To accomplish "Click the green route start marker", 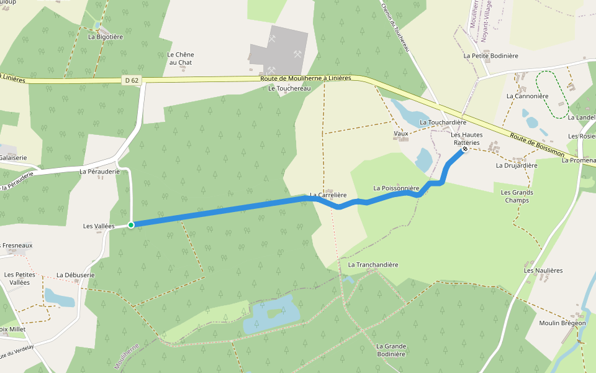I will click(131, 224).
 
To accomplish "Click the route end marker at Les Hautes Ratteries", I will click(465, 149).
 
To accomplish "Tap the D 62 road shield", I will click(130, 80).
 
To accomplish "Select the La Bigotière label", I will click(106, 37).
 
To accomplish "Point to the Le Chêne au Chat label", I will click(181, 58).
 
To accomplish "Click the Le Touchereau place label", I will click(289, 89).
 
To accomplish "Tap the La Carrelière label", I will click(328, 195).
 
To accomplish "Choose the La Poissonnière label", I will click(397, 187).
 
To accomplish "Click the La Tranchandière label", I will click(373, 265).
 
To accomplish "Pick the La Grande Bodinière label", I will click(391, 350).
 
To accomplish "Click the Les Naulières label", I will click(543, 270).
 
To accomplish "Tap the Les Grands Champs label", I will click(517, 196).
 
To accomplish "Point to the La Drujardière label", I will click(517, 166).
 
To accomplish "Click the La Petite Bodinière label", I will click(490, 55).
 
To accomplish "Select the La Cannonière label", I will click(527, 96).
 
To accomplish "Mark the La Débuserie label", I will click(75, 275).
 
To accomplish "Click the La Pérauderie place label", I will click(99, 170).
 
